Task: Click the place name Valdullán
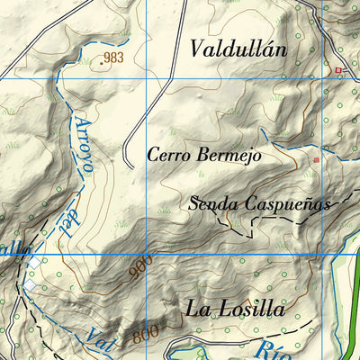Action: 238,49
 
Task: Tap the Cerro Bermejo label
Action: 204,156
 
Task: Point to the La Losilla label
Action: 235,310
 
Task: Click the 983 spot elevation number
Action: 113,58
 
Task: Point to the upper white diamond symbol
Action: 36,262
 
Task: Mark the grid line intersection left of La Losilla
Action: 146,256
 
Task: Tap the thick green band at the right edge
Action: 354,306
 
